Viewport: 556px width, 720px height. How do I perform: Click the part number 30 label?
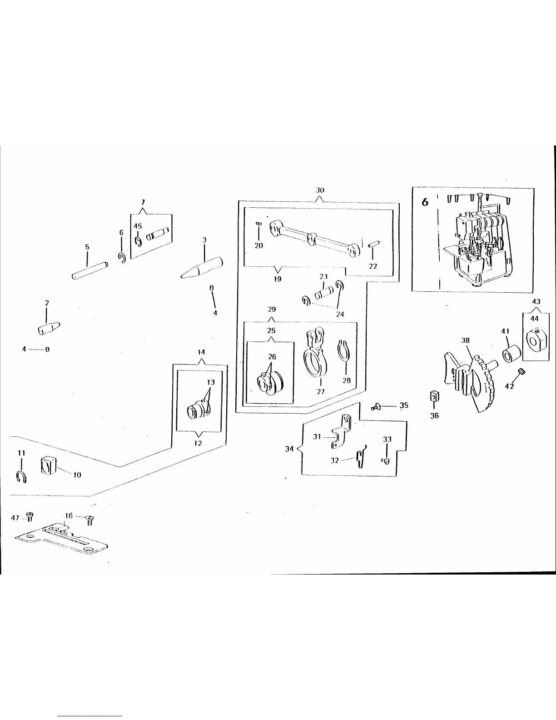click(x=320, y=190)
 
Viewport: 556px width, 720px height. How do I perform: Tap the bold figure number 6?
click(x=425, y=202)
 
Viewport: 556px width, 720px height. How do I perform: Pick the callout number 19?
click(x=277, y=279)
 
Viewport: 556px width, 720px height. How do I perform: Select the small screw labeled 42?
click(x=521, y=373)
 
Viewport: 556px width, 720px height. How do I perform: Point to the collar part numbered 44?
click(x=533, y=340)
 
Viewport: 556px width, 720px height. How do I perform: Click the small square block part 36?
click(x=434, y=397)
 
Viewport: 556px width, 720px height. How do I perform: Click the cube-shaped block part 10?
click(x=48, y=465)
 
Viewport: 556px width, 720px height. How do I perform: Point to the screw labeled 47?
click(x=30, y=516)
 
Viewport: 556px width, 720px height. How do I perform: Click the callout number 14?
click(x=201, y=352)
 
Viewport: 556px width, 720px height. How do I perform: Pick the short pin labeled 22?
click(x=373, y=244)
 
